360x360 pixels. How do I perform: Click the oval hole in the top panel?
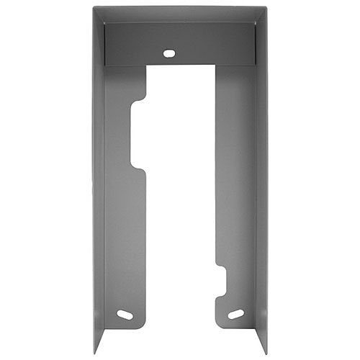[x=168, y=53]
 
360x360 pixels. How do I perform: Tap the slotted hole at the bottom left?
[x=125, y=315]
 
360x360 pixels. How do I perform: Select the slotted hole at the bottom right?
[x=235, y=314]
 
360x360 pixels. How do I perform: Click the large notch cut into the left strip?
[x=138, y=135]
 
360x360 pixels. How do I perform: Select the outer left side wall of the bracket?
[x=99, y=180]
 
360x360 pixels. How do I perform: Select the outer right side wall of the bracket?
[x=261, y=180]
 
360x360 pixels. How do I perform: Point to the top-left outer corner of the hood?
[x=94, y=8]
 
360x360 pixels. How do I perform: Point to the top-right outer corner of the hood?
[x=266, y=8]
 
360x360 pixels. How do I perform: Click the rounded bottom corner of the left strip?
[x=144, y=324]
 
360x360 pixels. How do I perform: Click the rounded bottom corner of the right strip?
[x=217, y=324]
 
